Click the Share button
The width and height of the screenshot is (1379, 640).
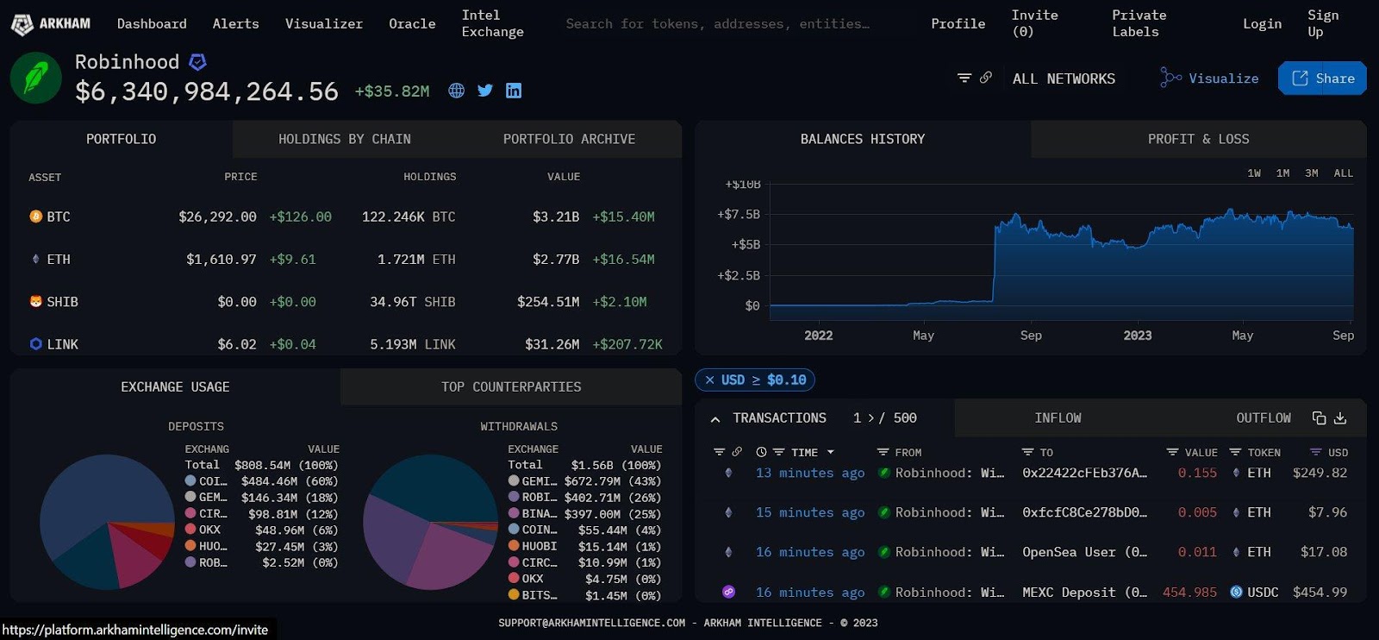(1322, 78)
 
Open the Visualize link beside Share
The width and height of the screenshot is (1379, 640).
(1210, 78)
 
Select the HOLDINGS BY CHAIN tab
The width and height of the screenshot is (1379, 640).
(344, 139)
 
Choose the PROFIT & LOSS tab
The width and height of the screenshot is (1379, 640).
(1198, 139)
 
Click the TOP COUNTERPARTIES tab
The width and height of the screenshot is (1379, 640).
(511, 387)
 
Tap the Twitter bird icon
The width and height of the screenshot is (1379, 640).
(485, 91)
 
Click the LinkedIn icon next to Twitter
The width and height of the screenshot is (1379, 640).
(514, 91)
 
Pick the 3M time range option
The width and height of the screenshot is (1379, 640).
(1311, 173)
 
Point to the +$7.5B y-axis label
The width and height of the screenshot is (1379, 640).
(739, 214)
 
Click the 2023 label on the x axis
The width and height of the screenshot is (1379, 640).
(1137, 336)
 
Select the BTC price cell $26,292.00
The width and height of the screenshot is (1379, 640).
(217, 216)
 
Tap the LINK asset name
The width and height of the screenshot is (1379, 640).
(62, 344)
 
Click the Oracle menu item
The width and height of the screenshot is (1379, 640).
(412, 23)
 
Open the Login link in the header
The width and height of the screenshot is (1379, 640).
(1262, 23)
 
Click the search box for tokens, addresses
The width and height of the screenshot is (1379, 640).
(717, 23)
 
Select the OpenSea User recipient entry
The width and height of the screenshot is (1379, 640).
(1083, 552)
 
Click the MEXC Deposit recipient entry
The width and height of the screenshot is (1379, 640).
(1083, 593)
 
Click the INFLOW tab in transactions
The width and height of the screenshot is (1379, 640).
(1058, 418)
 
